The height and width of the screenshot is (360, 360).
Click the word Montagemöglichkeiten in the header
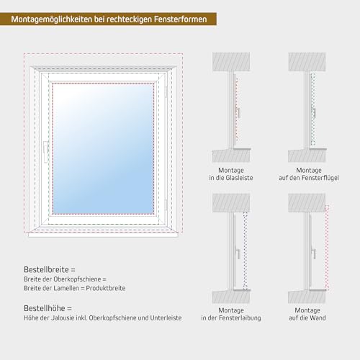[x=52, y=19]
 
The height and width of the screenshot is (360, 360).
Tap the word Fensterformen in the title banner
[x=180, y=19]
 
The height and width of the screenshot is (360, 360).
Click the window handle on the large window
[x=45, y=152]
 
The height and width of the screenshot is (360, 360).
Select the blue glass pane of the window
[x=103, y=148]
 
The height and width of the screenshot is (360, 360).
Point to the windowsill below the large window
[x=103, y=235]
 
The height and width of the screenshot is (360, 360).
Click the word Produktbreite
[x=106, y=288]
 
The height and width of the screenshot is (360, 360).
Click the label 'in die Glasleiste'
[x=231, y=178]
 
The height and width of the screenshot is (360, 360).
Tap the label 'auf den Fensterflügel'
[x=309, y=178]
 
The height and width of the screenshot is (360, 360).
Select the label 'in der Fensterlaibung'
[x=231, y=318]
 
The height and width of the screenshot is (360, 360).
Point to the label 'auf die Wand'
[x=307, y=318]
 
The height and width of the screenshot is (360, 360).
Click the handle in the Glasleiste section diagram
[x=238, y=112]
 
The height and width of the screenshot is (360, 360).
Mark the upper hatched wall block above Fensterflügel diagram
[x=307, y=62]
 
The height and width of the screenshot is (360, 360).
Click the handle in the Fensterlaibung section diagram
[x=238, y=254]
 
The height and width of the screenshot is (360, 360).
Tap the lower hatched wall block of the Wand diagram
[x=307, y=297]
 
